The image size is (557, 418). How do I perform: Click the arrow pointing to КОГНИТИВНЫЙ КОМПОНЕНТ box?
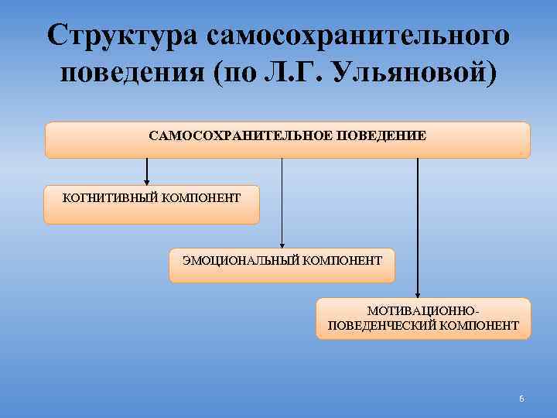click(x=147, y=172)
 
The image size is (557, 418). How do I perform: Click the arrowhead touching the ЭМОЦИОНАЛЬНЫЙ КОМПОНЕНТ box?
click(x=282, y=243)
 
